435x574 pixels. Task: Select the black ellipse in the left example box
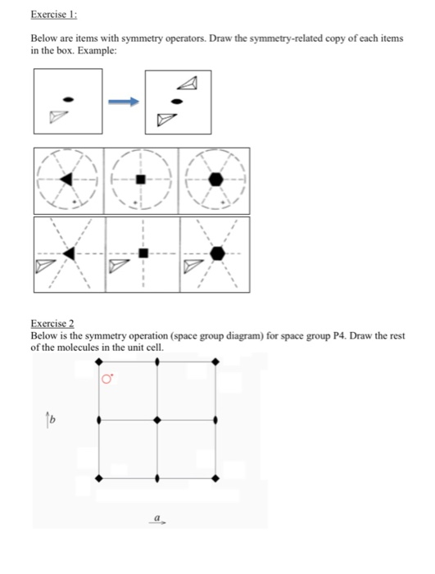[x=70, y=98]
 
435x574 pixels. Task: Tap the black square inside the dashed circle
[x=141, y=179]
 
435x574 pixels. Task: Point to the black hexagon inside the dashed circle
[x=215, y=179]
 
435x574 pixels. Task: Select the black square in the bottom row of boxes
[x=143, y=253]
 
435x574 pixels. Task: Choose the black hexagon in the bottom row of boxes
[x=216, y=253]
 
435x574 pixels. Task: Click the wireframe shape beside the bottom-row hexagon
[x=193, y=265]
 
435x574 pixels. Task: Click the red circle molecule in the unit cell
[x=106, y=380]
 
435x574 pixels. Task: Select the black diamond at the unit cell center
[x=157, y=420]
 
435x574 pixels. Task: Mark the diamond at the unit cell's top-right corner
[x=215, y=362]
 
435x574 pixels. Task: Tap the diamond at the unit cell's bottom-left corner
[x=99, y=478]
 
